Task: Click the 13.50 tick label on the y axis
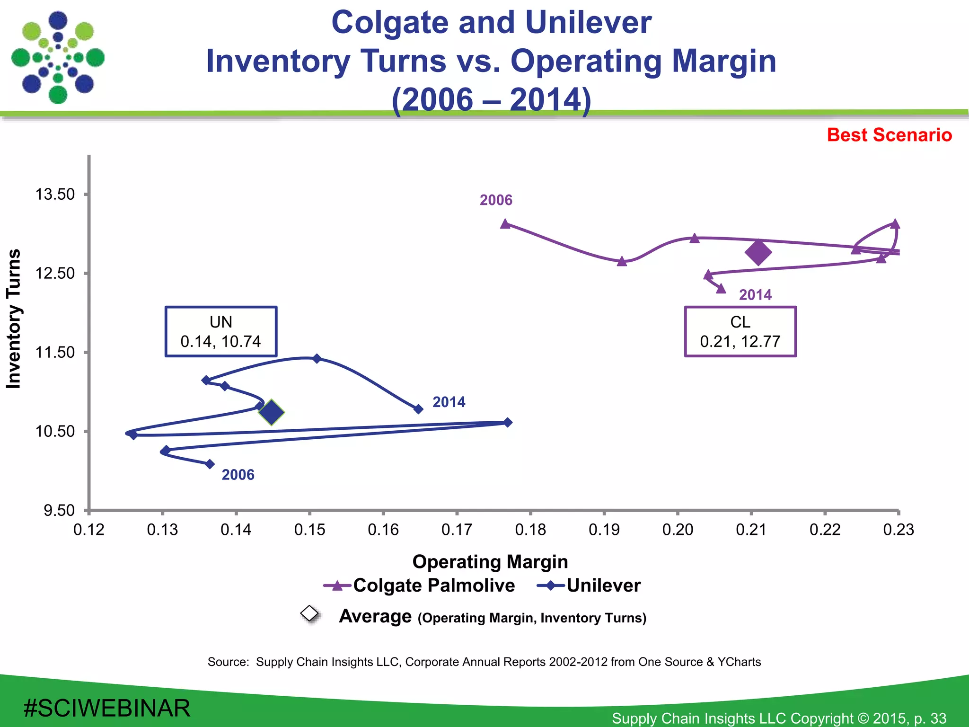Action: (x=55, y=195)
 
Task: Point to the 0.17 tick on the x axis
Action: (x=457, y=529)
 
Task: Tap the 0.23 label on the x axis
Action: (x=898, y=529)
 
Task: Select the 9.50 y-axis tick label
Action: (x=59, y=511)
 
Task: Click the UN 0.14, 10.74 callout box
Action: (x=221, y=331)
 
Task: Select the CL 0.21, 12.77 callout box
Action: (x=740, y=331)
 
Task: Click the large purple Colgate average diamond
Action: (x=758, y=252)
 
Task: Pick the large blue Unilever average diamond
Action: (x=271, y=412)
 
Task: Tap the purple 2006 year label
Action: (x=496, y=200)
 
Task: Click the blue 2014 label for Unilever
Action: (x=449, y=402)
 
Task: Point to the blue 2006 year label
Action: (x=238, y=475)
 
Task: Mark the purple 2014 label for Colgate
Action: (x=755, y=295)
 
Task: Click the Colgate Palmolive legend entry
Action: (x=419, y=585)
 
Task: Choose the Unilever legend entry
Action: (x=589, y=585)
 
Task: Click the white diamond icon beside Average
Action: (x=310, y=613)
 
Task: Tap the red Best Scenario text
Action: (x=889, y=135)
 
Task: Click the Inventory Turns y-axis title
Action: (x=14, y=319)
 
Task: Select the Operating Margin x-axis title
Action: (x=490, y=562)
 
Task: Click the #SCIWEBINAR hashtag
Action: (x=107, y=708)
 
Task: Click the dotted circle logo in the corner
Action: (x=58, y=58)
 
